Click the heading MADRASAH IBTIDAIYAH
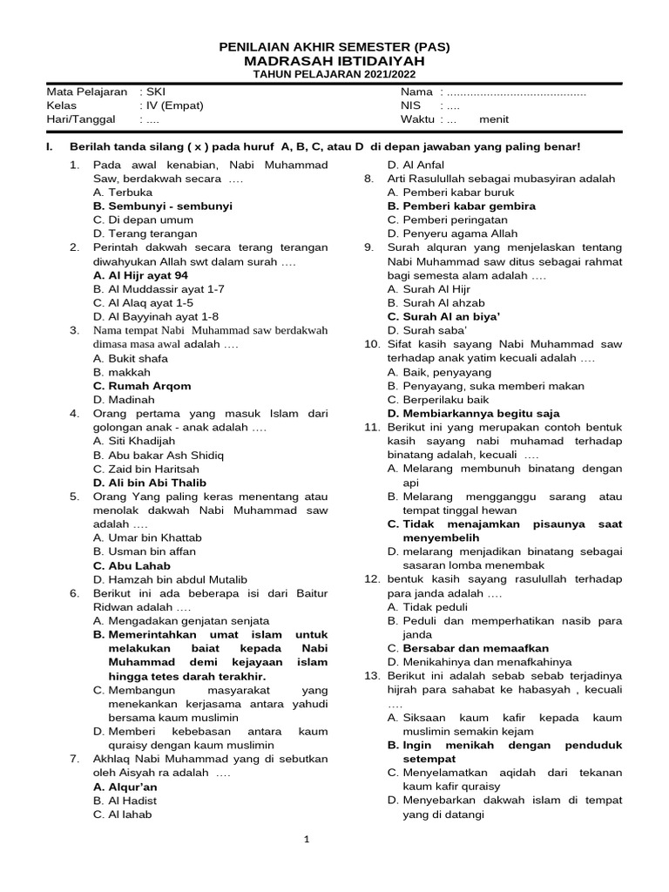(334, 61)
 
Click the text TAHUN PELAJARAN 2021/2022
(334, 76)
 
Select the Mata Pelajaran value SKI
(155, 91)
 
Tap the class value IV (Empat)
(174, 105)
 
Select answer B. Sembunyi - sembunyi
(162, 206)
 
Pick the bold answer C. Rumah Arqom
(142, 386)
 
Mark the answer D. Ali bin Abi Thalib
(150, 483)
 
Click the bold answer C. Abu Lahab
(132, 565)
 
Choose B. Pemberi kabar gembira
(462, 206)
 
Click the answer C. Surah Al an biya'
(448, 316)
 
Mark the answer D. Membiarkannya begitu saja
(474, 414)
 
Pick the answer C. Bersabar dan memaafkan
(469, 648)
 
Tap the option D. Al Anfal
(416, 165)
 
